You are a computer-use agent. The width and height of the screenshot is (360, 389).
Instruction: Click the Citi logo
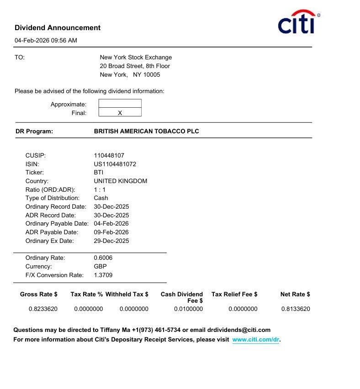pyautogui.click(x=297, y=23)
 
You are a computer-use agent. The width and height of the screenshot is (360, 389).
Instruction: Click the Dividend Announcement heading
pyautogui.click(x=58, y=28)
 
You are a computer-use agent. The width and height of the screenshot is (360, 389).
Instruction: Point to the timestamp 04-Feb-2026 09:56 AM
pyautogui.click(x=46, y=41)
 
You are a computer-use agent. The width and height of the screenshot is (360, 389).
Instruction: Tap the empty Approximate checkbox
pyautogui.click(x=120, y=104)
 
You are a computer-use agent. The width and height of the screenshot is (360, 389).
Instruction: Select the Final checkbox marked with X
pyautogui.click(x=120, y=113)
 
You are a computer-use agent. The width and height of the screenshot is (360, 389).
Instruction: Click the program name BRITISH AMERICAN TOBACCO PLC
pyautogui.click(x=146, y=131)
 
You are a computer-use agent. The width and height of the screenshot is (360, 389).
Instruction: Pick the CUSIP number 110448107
pyautogui.click(x=109, y=156)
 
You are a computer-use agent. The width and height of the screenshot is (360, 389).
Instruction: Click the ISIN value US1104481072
pyautogui.click(x=115, y=164)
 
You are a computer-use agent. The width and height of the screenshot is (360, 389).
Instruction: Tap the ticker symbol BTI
pyautogui.click(x=99, y=173)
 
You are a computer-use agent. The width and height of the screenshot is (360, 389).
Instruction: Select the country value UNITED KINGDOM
pyautogui.click(x=120, y=181)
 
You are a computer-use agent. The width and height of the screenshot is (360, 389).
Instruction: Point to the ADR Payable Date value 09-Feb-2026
pyautogui.click(x=111, y=232)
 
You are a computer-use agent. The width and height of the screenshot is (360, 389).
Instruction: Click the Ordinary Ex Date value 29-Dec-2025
pyautogui.click(x=111, y=241)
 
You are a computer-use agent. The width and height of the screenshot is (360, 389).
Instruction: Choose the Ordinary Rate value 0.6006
pyautogui.click(x=103, y=258)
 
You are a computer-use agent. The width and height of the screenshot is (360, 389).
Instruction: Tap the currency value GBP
pyautogui.click(x=100, y=267)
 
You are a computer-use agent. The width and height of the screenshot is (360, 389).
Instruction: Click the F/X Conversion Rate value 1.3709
pyautogui.click(x=103, y=275)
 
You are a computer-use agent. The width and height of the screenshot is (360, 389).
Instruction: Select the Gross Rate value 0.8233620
pyautogui.click(x=43, y=309)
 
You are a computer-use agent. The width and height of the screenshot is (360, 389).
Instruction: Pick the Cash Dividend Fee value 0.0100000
pyautogui.click(x=188, y=309)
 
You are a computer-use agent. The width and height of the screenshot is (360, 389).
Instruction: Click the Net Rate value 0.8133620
pyautogui.click(x=296, y=309)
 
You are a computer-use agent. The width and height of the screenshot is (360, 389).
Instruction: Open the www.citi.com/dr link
pyautogui.click(x=255, y=340)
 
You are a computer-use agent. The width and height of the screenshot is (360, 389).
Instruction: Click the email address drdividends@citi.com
pyautogui.click(x=238, y=330)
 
